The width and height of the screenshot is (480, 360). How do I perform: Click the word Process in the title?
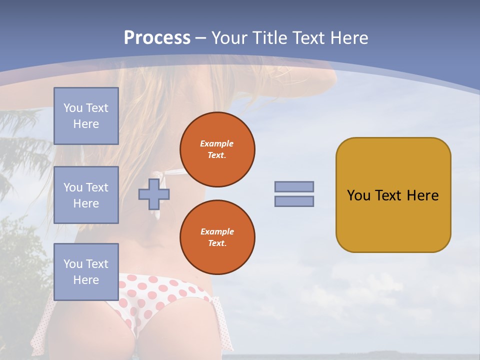(x=157, y=38)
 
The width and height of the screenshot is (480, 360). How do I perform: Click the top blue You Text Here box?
(x=86, y=116)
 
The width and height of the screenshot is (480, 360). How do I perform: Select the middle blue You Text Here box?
(x=86, y=195)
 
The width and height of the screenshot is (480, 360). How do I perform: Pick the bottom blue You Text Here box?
(x=86, y=272)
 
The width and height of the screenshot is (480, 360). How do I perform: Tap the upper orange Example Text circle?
(x=217, y=149)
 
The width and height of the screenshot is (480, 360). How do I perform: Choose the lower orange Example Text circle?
(x=217, y=237)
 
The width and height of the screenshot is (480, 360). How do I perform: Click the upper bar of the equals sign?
(x=294, y=186)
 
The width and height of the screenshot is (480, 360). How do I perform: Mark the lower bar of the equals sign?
(x=294, y=201)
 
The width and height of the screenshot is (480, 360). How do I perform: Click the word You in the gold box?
(x=358, y=195)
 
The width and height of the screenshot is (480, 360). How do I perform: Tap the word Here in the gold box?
(x=422, y=195)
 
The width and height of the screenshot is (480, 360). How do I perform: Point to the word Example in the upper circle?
(x=217, y=143)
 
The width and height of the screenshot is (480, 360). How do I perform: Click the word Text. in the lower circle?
(x=217, y=243)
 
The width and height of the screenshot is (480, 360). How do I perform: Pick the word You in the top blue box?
(x=73, y=108)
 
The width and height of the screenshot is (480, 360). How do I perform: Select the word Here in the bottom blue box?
(x=86, y=280)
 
